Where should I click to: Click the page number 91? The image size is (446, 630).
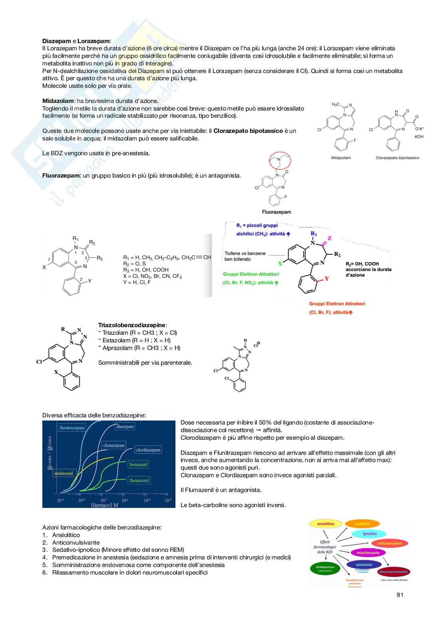pyautogui.click(x=400, y=595)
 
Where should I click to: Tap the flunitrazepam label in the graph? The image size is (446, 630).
pyautogui.click(x=72, y=428)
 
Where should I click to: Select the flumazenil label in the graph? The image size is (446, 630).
pyautogui.click(x=139, y=480)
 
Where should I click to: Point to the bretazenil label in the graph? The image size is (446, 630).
pyautogui.click(x=139, y=464)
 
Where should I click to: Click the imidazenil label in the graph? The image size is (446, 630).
pyautogui.click(x=64, y=473)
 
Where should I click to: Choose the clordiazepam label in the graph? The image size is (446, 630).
pyautogui.click(x=148, y=450)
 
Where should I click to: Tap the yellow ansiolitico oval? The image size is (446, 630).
pyautogui.click(x=325, y=524)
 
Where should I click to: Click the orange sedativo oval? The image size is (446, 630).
pyautogui.click(x=362, y=524)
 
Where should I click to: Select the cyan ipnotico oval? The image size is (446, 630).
pyautogui.click(x=370, y=533)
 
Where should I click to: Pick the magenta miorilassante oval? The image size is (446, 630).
pyautogui.click(x=368, y=553)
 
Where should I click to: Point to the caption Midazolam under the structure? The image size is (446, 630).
pyautogui.click(x=341, y=158)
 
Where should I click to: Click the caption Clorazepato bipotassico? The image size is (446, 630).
pyautogui.click(x=397, y=158)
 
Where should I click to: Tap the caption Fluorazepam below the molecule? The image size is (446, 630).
pyautogui.click(x=277, y=212)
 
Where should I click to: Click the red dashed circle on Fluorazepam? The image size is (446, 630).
pyautogui.click(x=280, y=161)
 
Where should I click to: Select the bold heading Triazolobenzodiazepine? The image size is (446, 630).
pyautogui.click(x=132, y=325)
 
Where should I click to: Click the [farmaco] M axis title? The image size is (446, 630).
pyautogui.click(x=104, y=505)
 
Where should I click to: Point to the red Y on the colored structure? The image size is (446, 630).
pyautogui.click(x=327, y=278)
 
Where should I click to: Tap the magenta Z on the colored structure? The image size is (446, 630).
pyautogui.click(x=330, y=238)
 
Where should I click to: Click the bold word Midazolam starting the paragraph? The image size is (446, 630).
pyautogui.click(x=58, y=101)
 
